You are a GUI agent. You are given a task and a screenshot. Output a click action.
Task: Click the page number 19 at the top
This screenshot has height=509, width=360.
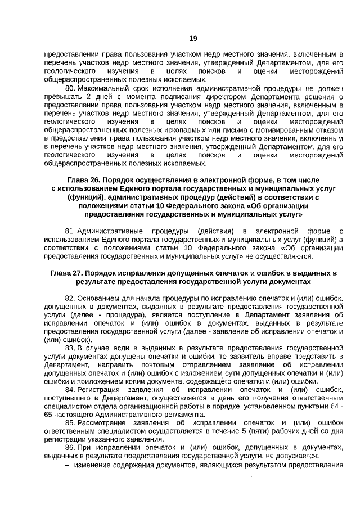pos(193,38)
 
